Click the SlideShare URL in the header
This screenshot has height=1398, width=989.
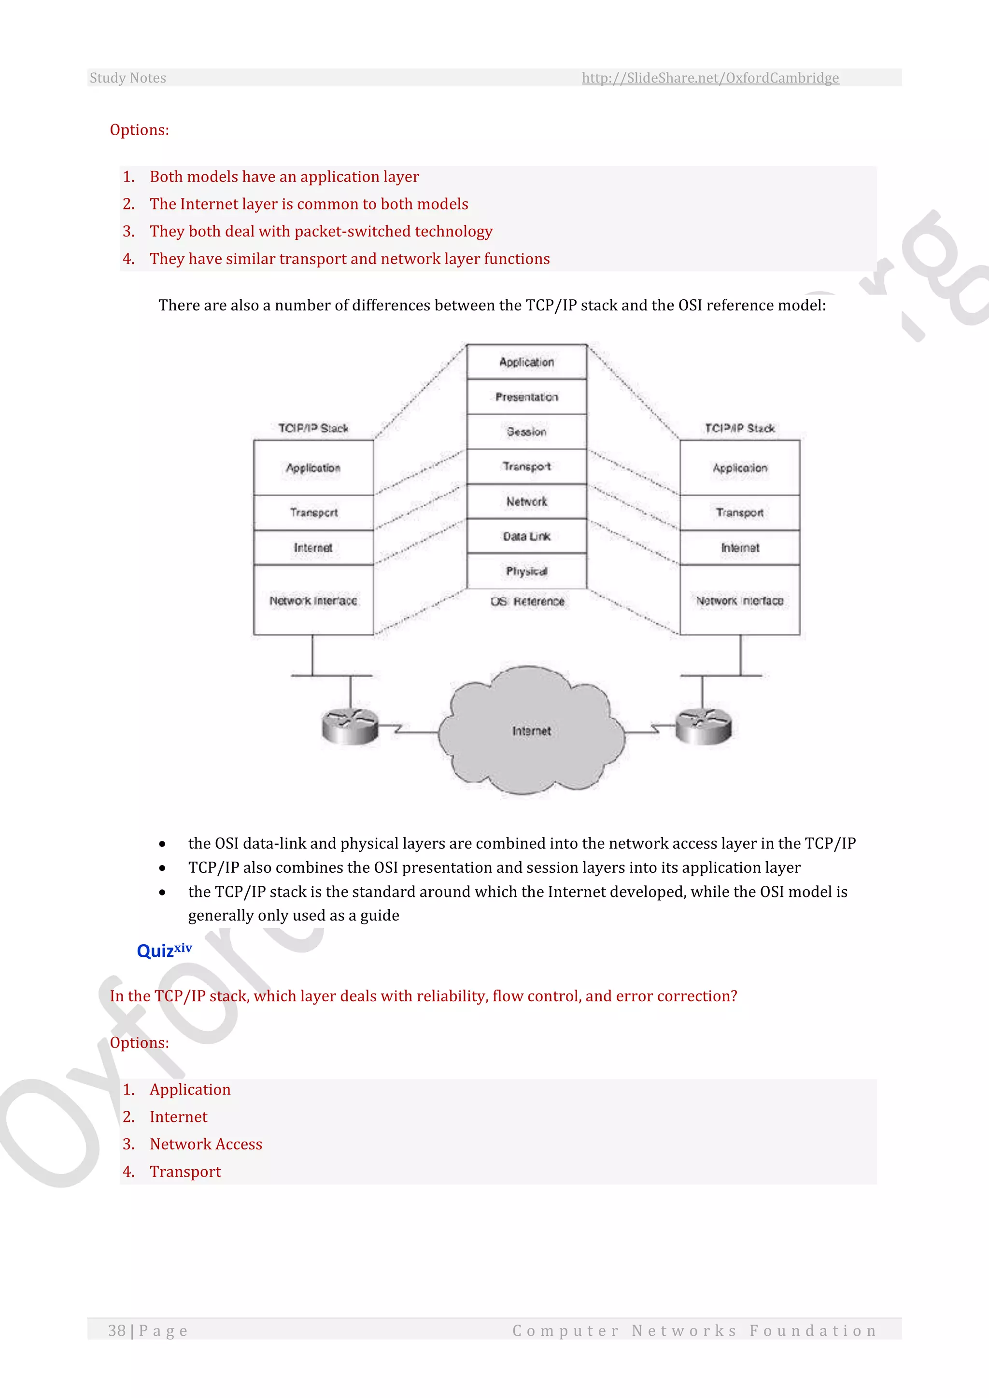(710, 78)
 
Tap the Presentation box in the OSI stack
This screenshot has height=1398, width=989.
(527, 397)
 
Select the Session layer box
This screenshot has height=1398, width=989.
(527, 432)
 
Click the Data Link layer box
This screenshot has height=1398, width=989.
(527, 536)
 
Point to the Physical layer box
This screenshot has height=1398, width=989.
(527, 571)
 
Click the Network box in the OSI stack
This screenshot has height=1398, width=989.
(527, 502)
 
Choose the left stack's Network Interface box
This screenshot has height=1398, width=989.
(313, 601)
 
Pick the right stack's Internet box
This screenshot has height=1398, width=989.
(740, 548)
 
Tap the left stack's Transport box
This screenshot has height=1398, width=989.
(313, 513)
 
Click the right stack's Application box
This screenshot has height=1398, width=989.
(740, 468)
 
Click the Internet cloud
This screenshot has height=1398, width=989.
(531, 731)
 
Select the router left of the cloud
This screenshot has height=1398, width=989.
(350, 727)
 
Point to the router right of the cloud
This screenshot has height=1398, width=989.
(704, 727)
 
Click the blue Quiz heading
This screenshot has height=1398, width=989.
(164, 951)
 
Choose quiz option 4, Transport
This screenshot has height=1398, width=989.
(185, 1172)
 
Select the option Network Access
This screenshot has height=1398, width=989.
(206, 1144)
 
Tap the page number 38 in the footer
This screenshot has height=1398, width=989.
(117, 1330)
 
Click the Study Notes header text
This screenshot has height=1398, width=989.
(128, 78)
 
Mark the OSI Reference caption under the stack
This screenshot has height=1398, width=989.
(527, 601)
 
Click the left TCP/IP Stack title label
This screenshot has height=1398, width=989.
(313, 428)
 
